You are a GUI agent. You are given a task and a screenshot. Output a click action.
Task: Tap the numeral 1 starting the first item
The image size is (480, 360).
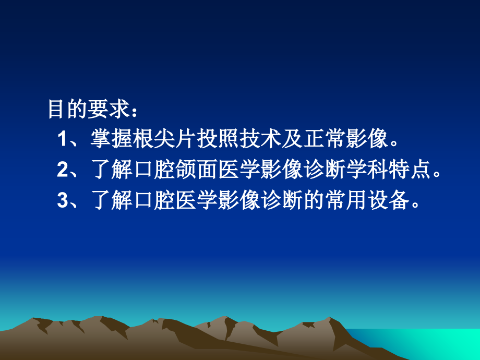tap(63, 140)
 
